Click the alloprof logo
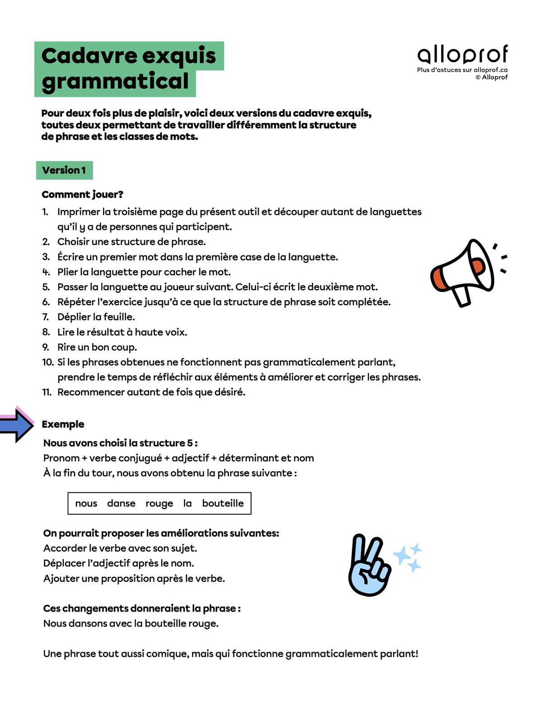[x=463, y=54]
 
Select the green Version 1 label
[x=64, y=170]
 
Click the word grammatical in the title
[x=115, y=81]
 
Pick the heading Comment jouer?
[x=82, y=195]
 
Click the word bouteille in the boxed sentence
[x=223, y=503]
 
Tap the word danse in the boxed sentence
[x=121, y=503]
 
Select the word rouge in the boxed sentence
[x=159, y=503]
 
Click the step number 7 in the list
[x=46, y=317]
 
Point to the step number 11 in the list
[x=47, y=392]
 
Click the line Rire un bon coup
[x=97, y=347]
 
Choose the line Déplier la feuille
[x=96, y=317]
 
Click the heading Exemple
[x=63, y=424]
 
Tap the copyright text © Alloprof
[x=491, y=77]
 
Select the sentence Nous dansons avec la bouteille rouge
[x=131, y=623]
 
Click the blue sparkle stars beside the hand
[x=408, y=557]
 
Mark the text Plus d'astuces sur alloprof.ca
[x=462, y=70]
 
